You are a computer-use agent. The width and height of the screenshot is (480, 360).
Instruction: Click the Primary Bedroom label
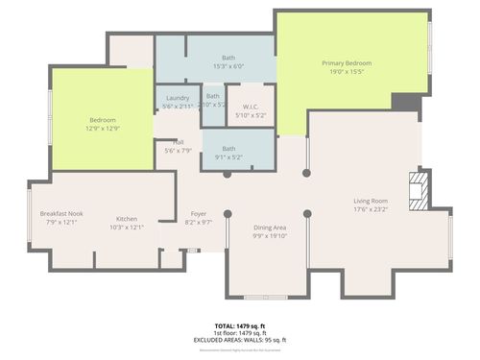pyautogui.click(x=346, y=62)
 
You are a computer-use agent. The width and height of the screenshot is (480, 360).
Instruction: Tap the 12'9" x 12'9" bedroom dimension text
pyautogui.click(x=102, y=129)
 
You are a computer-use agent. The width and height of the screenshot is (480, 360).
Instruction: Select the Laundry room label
pyautogui.click(x=177, y=98)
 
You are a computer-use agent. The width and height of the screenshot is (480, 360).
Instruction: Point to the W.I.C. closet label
pyautogui.click(x=252, y=107)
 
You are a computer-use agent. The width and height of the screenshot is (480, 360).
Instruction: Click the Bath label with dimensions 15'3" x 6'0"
pyautogui.click(x=228, y=60)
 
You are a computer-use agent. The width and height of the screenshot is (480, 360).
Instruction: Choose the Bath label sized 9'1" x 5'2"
pyautogui.click(x=228, y=148)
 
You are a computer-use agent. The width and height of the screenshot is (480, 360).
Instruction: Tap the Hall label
pyautogui.click(x=178, y=142)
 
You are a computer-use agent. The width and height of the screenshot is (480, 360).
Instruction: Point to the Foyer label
pyautogui.click(x=198, y=214)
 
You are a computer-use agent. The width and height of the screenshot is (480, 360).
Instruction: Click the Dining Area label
pyautogui.click(x=271, y=228)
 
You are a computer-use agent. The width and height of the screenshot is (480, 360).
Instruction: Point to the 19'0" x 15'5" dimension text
pyautogui.click(x=346, y=71)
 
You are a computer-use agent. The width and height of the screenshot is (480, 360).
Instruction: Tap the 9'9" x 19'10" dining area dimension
pyautogui.click(x=271, y=235)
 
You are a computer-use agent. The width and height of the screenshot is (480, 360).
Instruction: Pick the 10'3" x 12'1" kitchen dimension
pyautogui.click(x=127, y=228)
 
